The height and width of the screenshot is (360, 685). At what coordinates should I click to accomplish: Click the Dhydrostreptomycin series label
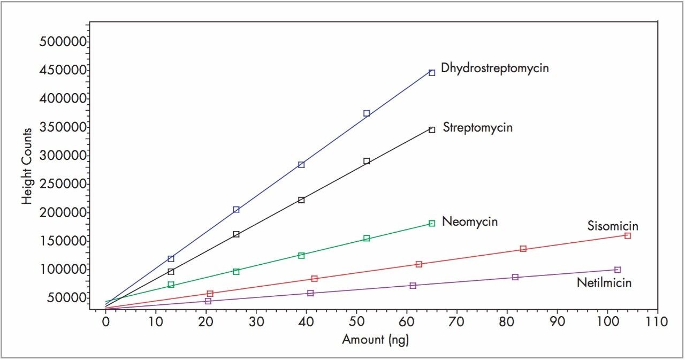494,68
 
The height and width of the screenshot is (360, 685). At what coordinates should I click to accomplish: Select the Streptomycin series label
477,128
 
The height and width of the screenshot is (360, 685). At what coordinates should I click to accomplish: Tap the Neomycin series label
470,221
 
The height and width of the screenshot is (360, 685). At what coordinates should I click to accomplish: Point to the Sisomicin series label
613,226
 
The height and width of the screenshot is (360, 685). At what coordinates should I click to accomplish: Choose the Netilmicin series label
604,282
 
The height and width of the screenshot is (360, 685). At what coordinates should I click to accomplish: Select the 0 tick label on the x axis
106,322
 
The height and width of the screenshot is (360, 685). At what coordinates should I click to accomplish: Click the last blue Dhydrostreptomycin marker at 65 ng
432,73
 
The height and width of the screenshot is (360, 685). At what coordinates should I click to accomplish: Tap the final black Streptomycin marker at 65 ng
432,129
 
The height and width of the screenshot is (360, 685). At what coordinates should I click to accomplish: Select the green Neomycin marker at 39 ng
301,256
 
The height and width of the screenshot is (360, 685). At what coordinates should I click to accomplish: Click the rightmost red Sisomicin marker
628,236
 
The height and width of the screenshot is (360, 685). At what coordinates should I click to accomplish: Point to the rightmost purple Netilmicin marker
618,270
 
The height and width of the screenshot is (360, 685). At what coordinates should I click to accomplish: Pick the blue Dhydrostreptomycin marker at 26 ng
236,210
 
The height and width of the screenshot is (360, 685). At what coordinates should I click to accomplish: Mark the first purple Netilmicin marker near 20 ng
208,301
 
